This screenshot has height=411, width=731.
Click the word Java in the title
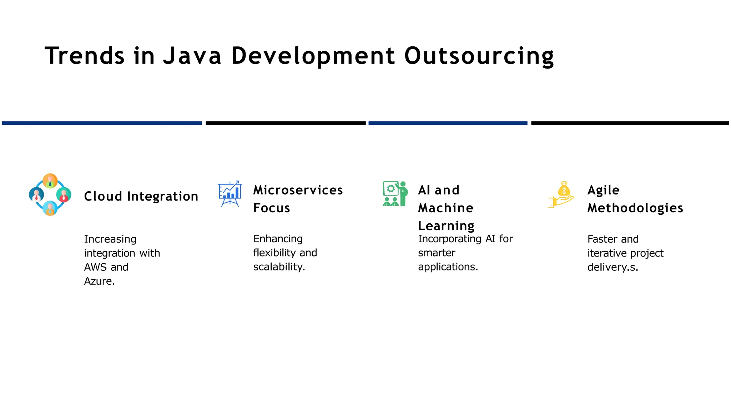point(192,56)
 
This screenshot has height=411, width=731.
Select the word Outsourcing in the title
point(479,56)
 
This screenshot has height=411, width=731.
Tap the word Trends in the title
point(85,56)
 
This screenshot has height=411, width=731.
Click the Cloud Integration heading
point(141,196)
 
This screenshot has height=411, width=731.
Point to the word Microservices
point(298,190)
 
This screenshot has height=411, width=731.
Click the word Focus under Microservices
point(272,208)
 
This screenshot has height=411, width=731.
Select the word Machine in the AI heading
point(446,208)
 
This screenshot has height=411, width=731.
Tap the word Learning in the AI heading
point(446,226)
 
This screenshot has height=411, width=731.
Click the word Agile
point(604,190)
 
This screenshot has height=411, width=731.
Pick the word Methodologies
point(635,208)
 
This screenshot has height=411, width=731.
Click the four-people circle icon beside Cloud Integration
point(50,195)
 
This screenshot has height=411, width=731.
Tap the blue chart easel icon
point(230,194)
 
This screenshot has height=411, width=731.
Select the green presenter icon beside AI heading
point(395,194)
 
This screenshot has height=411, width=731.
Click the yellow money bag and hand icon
point(561,194)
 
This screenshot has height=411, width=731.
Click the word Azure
point(99,281)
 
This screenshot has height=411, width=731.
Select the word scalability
point(279,267)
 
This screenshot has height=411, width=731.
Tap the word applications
point(448,267)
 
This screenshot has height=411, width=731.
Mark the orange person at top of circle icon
point(50,181)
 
